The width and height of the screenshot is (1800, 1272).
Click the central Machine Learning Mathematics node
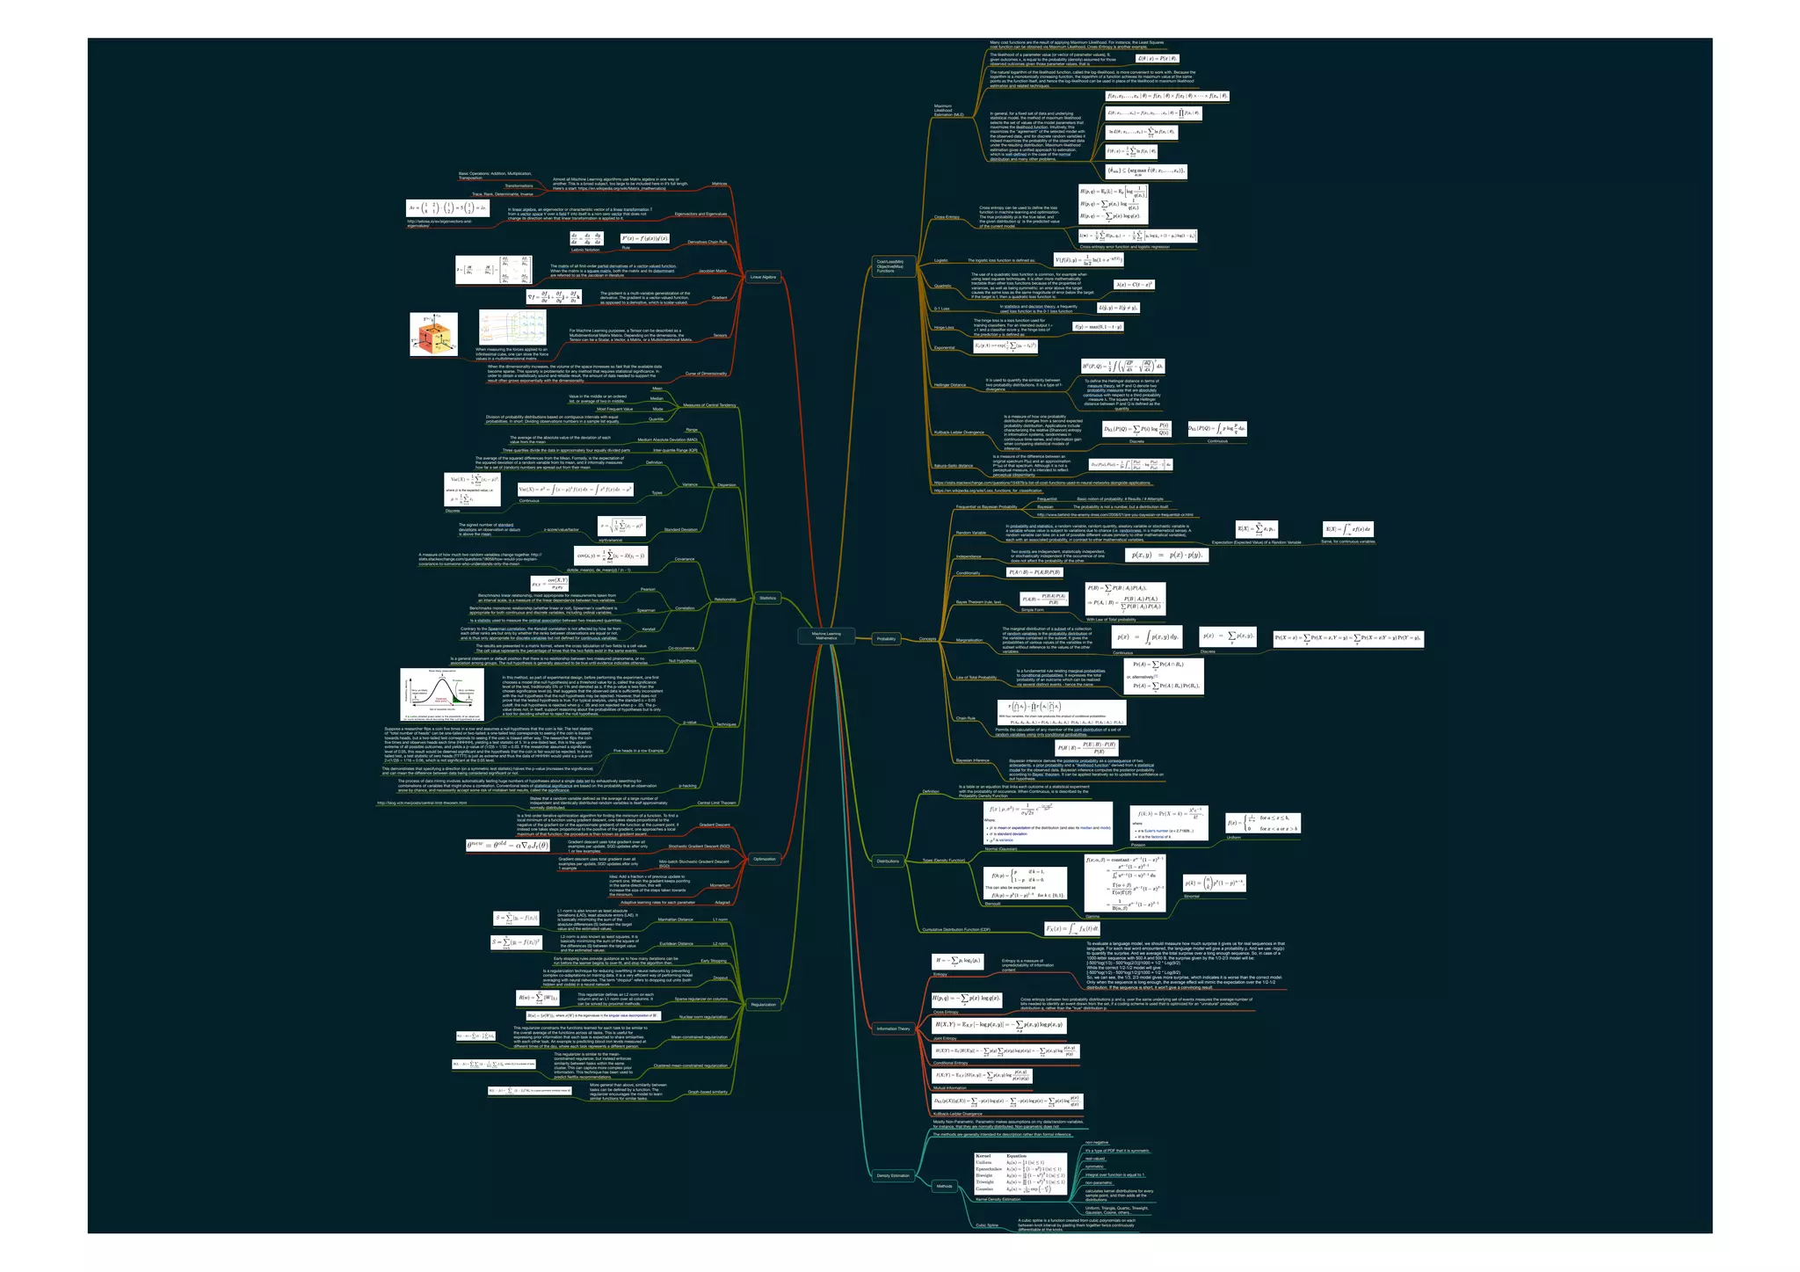pos(825,636)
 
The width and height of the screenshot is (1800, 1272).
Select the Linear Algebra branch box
pos(763,277)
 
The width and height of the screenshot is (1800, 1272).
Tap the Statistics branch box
pos(767,598)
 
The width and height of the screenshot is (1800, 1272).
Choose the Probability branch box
pos(886,639)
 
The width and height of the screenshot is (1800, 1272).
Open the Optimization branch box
pos(765,859)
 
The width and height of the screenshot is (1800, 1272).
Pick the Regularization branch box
pos(764,1005)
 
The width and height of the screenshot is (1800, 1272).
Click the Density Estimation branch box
pos(893,1175)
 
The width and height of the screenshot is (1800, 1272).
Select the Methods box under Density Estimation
pos(944,1187)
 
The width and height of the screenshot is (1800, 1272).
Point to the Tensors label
pos(720,336)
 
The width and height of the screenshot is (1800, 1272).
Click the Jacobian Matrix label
pos(712,272)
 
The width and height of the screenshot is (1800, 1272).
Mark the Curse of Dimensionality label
pos(706,374)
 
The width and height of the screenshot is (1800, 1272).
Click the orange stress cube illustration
pos(433,336)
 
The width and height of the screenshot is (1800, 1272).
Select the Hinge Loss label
pos(943,328)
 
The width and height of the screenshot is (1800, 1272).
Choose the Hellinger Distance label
pos(949,385)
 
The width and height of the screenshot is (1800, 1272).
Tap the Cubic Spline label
pos(986,1225)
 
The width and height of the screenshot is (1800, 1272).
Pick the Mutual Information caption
pos(949,1088)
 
